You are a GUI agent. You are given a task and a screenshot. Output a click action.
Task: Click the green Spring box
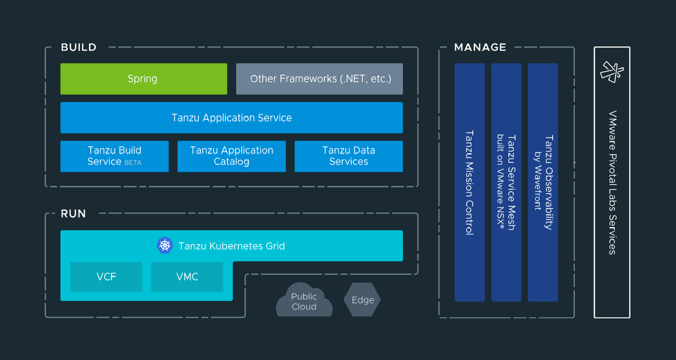click(144, 79)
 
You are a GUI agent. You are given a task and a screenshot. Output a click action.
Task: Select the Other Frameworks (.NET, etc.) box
click(319, 79)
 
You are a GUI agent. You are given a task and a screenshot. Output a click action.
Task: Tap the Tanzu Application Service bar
click(232, 118)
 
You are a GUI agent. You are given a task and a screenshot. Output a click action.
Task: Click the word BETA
click(133, 162)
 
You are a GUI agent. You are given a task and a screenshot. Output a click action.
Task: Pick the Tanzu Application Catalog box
click(232, 156)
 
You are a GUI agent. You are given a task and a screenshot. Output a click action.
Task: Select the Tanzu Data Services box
click(349, 156)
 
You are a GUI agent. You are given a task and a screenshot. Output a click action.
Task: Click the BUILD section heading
click(79, 47)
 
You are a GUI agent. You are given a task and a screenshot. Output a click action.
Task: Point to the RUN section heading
click(73, 214)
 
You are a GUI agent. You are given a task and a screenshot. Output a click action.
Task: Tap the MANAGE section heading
click(480, 47)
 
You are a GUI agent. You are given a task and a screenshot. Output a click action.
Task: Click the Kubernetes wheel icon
click(164, 246)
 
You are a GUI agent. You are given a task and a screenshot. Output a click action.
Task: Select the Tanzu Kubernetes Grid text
click(232, 246)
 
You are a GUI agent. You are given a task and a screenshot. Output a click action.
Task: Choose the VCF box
click(106, 277)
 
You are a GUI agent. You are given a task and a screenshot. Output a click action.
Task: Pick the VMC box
click(187, 277)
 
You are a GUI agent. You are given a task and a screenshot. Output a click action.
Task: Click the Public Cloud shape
click(304, 302)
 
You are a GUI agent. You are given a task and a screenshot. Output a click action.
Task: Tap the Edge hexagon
click(363, 300)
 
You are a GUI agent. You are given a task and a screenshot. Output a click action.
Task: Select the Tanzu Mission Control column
click(469, 182)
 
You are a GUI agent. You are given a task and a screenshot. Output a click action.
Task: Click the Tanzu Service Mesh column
click(506, 182)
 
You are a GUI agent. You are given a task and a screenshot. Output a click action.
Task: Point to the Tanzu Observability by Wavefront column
click(542, 182)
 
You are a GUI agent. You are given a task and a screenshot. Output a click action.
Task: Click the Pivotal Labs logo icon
click(612, 72)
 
